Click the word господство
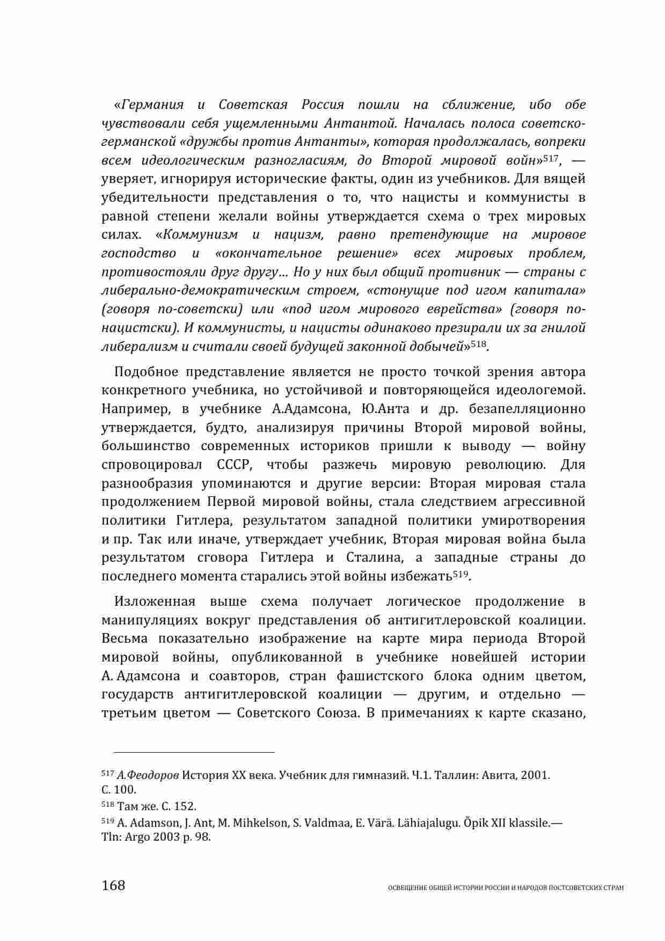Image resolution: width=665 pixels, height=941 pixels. click(138, 253)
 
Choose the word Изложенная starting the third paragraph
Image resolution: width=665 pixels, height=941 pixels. click(155, 601)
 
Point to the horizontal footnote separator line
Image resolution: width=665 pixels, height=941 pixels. click(188, 752)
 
